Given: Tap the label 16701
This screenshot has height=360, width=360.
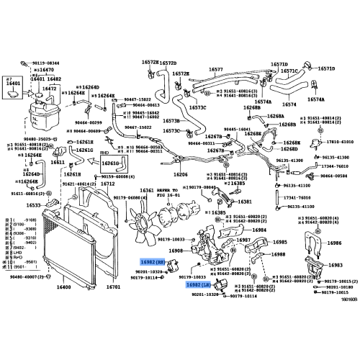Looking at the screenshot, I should coord(113,287).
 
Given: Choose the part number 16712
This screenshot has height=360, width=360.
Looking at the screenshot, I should coord(107,184).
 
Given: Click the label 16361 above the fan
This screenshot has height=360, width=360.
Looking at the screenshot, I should coord(146,190).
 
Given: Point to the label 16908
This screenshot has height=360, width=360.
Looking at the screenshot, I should coord(176,250).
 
